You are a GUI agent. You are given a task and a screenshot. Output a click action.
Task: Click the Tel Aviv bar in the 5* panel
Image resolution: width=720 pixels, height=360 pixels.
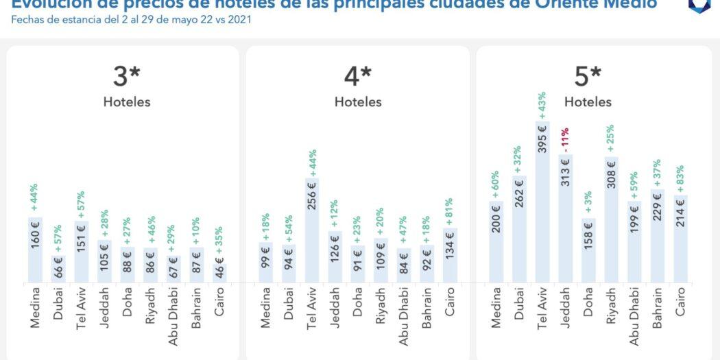coord(542,202)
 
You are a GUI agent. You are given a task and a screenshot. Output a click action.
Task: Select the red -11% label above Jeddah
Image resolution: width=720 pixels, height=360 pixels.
coord(565,141)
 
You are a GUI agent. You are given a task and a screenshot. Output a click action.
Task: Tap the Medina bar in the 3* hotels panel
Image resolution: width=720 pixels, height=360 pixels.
coord(35,250)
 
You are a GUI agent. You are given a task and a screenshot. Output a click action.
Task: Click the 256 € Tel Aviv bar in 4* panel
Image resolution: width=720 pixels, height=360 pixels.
coord(312,230)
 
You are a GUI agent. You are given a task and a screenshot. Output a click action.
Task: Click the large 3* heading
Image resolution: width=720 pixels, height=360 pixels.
coord(126,77)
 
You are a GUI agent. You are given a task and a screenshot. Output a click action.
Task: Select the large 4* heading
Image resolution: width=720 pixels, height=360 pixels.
coord(357,77)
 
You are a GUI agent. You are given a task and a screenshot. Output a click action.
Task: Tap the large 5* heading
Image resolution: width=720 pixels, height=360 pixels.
coord(588,77)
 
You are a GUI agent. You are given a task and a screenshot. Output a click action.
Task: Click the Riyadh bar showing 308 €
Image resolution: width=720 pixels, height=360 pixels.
coord(612,219)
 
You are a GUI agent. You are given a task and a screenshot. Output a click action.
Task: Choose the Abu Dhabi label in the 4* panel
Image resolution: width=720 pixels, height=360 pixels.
coord(404,317)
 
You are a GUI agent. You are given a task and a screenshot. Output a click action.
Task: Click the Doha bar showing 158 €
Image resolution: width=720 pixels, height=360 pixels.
coord(588,250)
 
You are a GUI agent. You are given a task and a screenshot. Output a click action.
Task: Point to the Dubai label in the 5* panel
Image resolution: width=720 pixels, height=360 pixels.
coord(519,309)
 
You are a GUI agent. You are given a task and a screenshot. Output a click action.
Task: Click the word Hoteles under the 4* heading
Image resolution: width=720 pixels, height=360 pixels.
coord(357,102)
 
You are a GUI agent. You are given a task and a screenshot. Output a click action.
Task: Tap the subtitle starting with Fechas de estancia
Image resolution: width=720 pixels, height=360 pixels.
coord(131,19)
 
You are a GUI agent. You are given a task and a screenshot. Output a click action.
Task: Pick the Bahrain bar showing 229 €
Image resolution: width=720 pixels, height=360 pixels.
coord(658,236)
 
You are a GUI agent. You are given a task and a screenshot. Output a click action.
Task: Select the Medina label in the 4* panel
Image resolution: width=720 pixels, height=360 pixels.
coord(265,311)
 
